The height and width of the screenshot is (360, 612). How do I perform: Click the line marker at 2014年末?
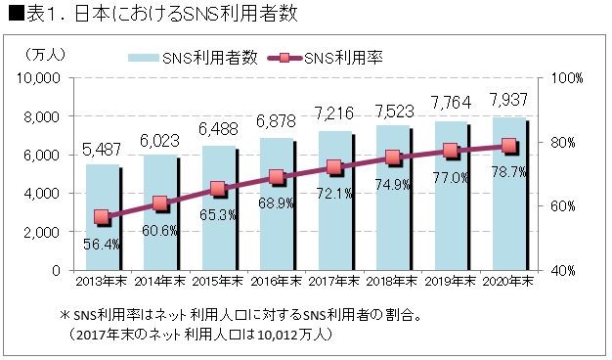click(160, 203)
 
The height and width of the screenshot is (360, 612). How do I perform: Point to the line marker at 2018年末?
click(392, 157)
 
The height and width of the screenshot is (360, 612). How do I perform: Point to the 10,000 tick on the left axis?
click(42, 78)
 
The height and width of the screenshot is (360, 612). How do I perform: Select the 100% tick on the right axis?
click(568, 78)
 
